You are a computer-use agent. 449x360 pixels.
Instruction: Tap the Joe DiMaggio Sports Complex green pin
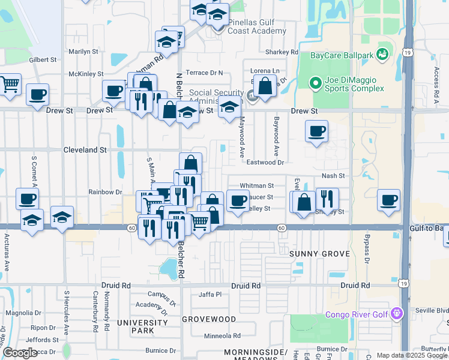click(314, 83)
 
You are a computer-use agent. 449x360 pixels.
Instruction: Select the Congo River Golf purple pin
click(396, 313)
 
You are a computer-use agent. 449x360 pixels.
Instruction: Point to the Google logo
click(20, 353)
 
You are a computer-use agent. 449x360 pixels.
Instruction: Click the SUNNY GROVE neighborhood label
click(319, 254)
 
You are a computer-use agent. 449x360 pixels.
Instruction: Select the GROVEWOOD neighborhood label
click(209, 319)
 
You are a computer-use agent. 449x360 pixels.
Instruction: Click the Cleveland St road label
click(85, 150)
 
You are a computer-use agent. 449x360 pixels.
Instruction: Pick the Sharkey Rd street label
click(286, 52)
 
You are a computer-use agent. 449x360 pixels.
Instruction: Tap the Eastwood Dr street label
click(265, 162)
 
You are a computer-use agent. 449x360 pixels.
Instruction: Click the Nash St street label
click(334, 176)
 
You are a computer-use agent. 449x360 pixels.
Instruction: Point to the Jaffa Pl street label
click(210, 295)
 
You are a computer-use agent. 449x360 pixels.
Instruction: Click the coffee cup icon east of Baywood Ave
click(316, 131)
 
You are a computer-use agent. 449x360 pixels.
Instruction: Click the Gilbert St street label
click(42, 60)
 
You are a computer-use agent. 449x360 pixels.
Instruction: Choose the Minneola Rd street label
click(222, 336)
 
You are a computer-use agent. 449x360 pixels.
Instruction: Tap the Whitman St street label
click(256, 186)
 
